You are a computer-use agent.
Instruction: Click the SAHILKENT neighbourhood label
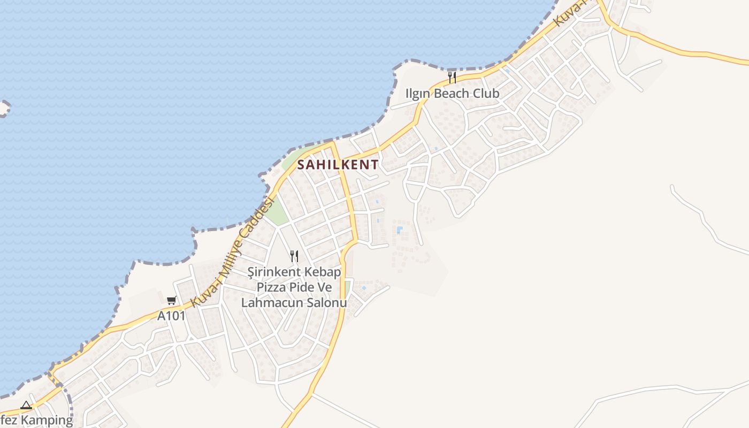pyautogui.click(x=338, y=165)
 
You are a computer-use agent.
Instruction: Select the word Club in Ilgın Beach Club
pyautogui.click(x=485, y=94)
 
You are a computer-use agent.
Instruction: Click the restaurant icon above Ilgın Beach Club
pyautogui.click(x=452, y=78)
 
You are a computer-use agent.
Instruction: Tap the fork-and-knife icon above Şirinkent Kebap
pyautogui.click(x=294, y=256)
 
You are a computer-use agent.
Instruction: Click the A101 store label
pyautogui.click(x=171, y=316)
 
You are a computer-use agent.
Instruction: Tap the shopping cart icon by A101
pyautogui.click(x=171, y=301)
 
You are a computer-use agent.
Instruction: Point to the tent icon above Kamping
pyautogui.click(x=26, y=405)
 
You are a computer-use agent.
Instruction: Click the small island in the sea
pyautogui.click(x=4, y=108)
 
